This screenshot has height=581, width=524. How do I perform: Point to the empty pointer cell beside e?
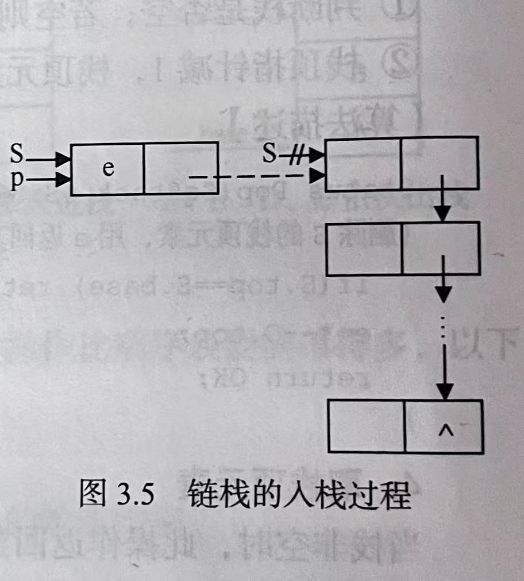(x=180, y=169)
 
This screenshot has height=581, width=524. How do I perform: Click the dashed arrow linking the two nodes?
(x=253, y=176)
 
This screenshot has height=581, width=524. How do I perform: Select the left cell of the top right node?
(x=363, y=164)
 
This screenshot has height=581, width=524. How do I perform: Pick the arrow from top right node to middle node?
(x=442, y=201)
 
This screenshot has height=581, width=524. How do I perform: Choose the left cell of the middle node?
(x=363, y=248)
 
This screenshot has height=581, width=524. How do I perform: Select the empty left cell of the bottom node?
(x=366, y=426)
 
